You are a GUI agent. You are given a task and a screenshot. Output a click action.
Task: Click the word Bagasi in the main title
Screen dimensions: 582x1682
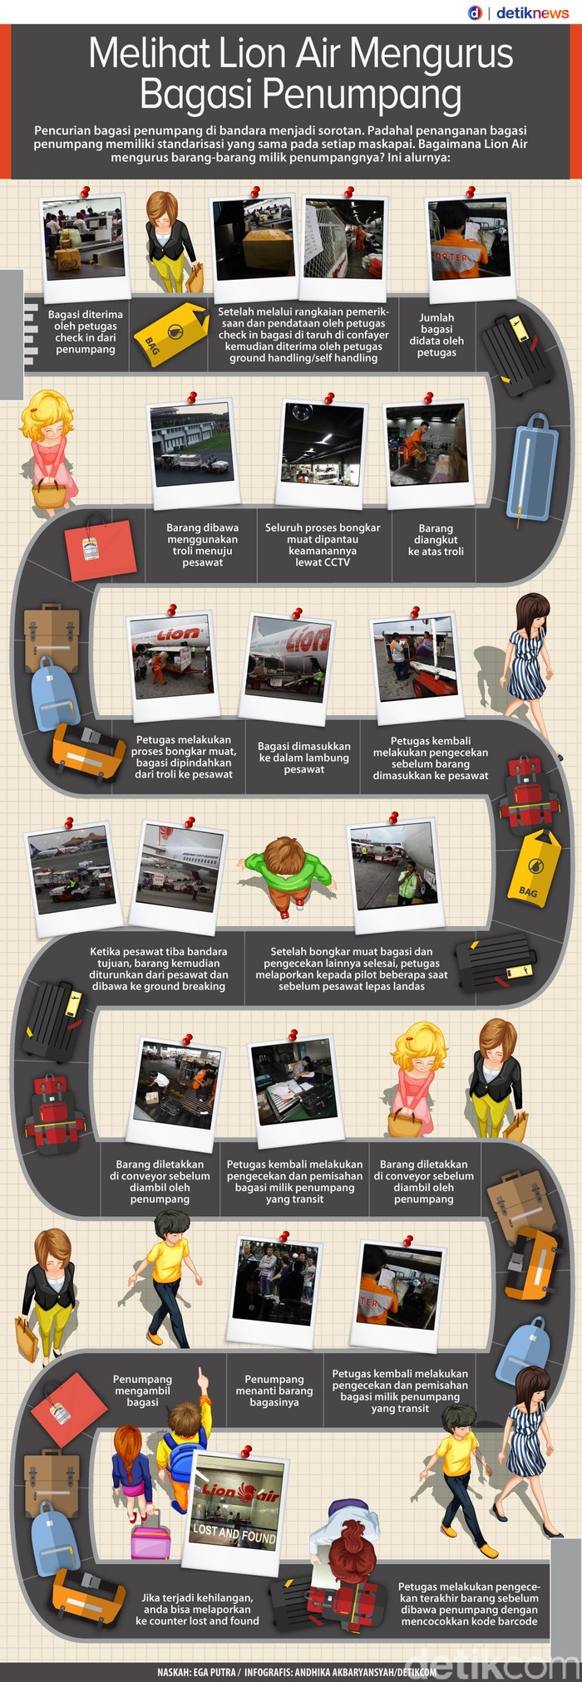click(203, 93)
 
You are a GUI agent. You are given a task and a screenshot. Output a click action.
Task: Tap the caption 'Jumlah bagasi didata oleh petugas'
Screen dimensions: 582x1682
click(436, 335)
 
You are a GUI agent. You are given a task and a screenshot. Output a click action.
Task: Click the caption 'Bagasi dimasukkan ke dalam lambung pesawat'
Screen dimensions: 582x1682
click(304, 758)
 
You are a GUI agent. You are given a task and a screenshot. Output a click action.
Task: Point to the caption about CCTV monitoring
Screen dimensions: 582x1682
click(323, 545)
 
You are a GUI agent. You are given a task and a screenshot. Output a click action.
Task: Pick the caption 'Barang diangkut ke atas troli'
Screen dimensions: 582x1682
click(436, 540)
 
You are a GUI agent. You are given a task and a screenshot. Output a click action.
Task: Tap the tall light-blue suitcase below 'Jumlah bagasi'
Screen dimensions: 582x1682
click(532, 469)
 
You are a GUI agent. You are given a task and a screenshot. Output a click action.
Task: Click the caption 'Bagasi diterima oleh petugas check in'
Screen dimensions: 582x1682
click(86, 331)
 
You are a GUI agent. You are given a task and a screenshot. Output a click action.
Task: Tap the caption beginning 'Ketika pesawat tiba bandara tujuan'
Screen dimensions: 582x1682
click(158, 968)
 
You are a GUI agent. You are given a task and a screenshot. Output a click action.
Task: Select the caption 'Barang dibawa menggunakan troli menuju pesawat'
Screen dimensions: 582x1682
click(203, 545)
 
